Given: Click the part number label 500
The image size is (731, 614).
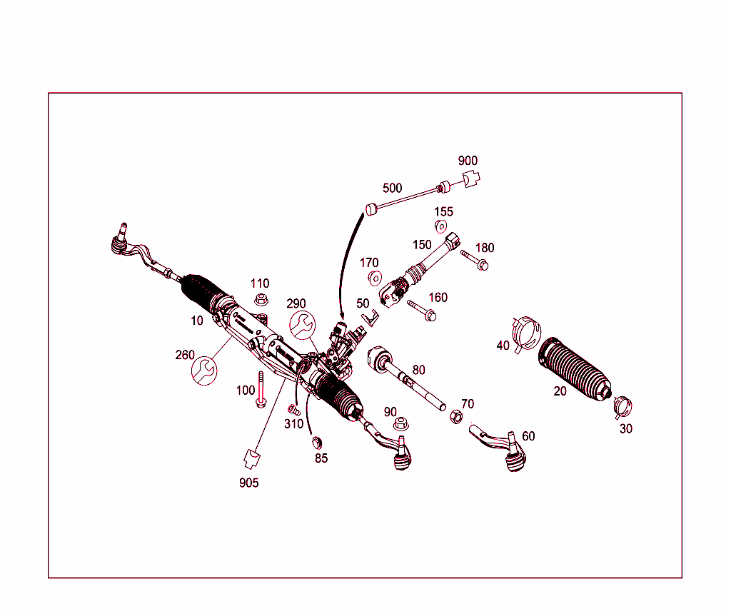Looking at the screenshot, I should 392,188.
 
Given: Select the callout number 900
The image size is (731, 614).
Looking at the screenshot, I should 468,161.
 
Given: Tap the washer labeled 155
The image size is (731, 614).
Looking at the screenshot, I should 441,228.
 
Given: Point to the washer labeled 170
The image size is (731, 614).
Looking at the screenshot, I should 373,278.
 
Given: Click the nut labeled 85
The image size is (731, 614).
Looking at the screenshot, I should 318,441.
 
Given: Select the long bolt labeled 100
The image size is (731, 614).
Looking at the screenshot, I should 261,390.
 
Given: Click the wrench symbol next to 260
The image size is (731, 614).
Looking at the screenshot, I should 204,370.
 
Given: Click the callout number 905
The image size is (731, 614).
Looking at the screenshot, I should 248,483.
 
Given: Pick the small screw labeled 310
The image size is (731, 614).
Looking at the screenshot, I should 293,410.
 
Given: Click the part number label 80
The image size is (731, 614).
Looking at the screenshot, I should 418,370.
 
